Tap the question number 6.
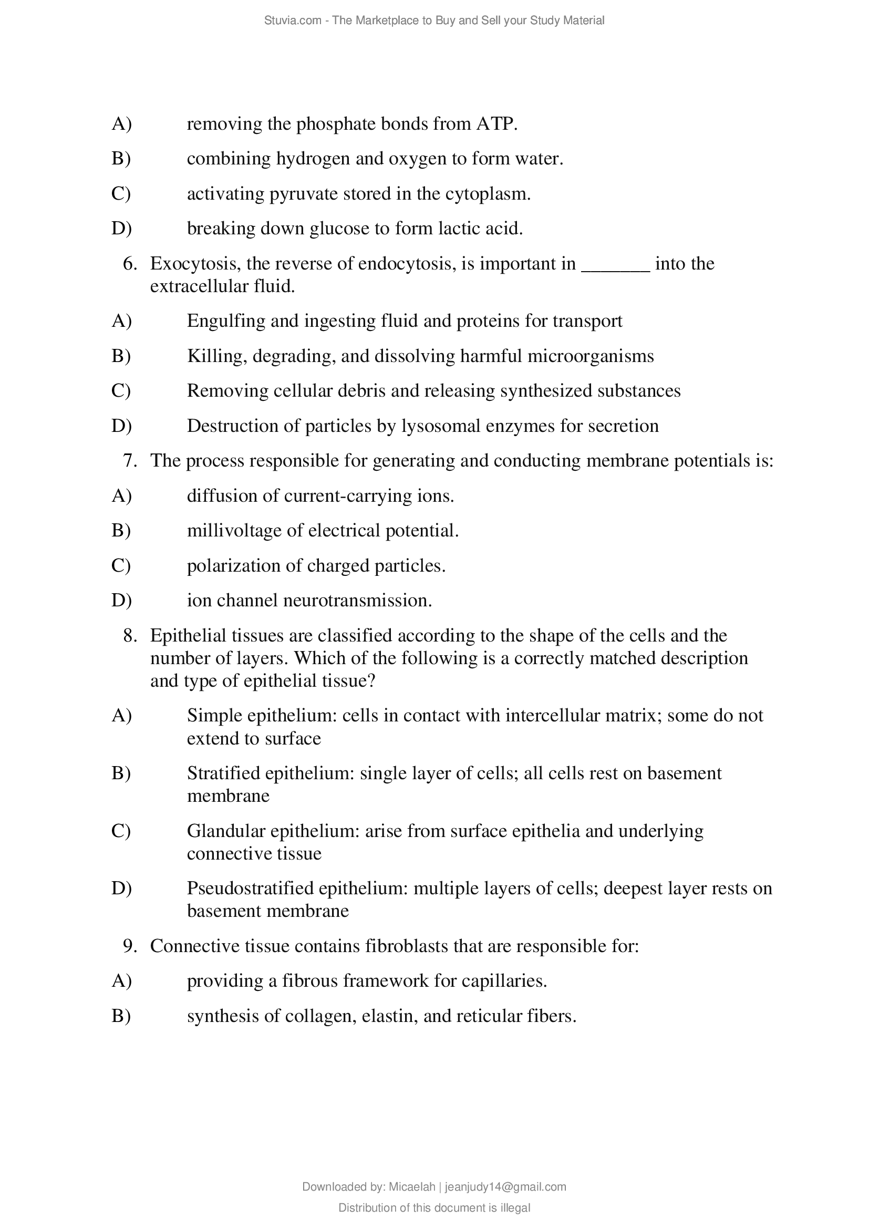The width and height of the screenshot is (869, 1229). [x=129, y=263]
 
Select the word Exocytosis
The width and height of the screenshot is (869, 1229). [x=195, y=263]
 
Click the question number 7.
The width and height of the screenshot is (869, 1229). [x=129, y=461]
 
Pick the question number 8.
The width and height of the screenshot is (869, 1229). [x=129, y=636]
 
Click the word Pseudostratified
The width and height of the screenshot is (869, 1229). [x=250, y=889]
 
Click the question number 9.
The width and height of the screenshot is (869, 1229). [x=129, y=946]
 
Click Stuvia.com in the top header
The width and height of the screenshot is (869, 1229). [x=292, y=21]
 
